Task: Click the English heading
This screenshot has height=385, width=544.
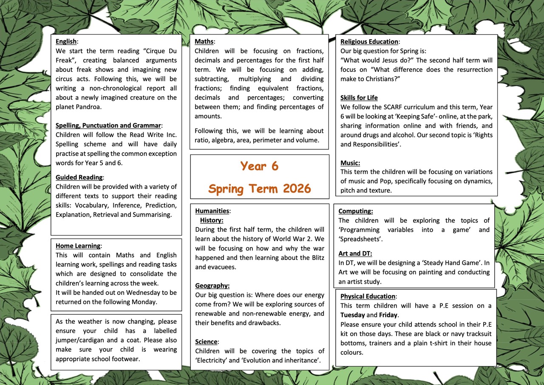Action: pos(66,42)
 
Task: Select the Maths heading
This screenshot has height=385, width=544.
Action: pos(204,42)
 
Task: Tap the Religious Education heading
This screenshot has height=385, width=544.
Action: pos(369,42)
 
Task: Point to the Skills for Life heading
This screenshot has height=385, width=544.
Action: pos(359,98)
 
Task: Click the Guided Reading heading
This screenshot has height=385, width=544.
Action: pos(79,177)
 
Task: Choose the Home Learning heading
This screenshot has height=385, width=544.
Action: pos(78,246)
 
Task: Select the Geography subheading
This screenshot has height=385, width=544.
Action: pos(212,286)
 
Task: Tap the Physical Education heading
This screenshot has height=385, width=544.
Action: pos(368,297)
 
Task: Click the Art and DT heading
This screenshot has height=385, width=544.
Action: pos(355,254)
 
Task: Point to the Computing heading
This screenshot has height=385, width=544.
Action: pos(355,211)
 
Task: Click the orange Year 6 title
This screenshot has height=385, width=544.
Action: pos(259,166)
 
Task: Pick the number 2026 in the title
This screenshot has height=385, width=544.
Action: pos(296,188)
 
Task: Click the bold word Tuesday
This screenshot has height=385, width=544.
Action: pos(352,315)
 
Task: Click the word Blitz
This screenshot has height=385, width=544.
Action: pos(315,258)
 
